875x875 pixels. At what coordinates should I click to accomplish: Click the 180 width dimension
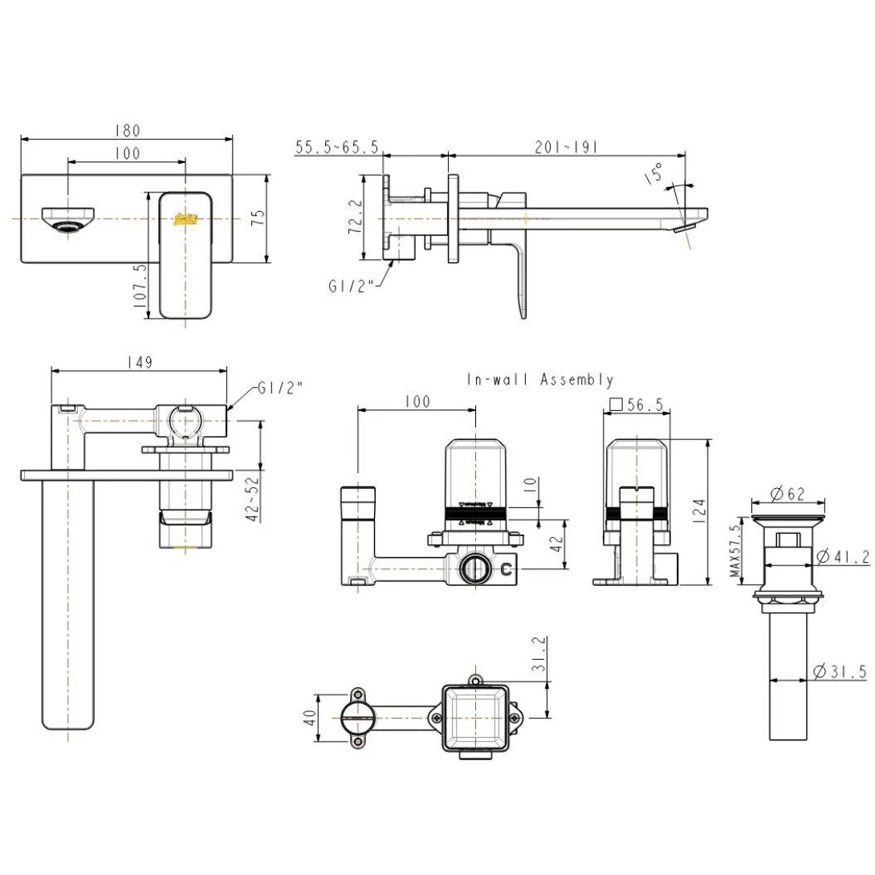(x=128, y=130)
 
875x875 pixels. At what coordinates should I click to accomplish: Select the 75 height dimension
(x=257, y=218)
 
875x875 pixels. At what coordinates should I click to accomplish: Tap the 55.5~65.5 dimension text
(x=337, y=147)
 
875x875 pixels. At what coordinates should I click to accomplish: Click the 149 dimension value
(x=140, y=363)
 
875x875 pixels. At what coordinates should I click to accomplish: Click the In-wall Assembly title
(x=540, y=380)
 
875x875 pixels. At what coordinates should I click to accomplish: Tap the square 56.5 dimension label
(x=638, y=406)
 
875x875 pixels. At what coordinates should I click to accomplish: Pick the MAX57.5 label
(x=734, y=554)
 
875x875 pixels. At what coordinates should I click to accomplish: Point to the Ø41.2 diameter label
(x=841, y=556)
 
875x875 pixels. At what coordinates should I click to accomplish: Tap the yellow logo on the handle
(x=186, y=218)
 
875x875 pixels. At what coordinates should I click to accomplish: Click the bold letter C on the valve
(x=507, y=571)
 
